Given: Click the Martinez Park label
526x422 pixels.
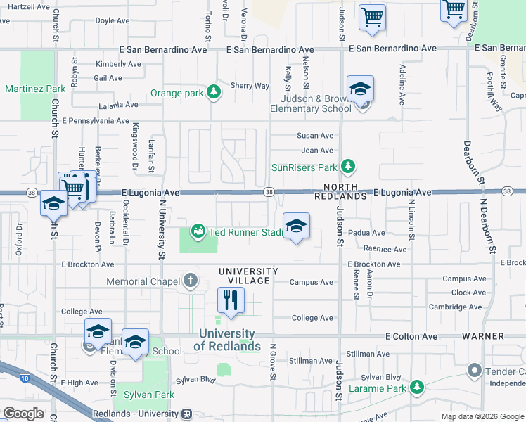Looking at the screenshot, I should [x=35, y=89].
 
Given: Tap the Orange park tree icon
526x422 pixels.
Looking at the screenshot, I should [x=214, y=92].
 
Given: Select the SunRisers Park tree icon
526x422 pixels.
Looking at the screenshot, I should [x=347, y=167].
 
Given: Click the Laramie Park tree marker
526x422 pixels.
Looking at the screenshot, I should [x=417, y=387].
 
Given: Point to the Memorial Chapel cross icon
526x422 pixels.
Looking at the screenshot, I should [x=190, y=281].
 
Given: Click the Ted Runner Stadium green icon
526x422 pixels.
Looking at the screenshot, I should [x=199, y=231].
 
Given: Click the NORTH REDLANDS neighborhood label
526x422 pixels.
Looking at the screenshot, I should [x=345, y=191].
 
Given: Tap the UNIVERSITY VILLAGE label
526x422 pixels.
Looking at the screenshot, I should [x=248, y=276].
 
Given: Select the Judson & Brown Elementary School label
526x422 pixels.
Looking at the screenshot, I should [x=312, y=103].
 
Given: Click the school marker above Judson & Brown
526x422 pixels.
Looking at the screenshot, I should [x=360, y=89].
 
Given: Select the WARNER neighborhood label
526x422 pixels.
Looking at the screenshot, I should [x=484, y=336].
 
